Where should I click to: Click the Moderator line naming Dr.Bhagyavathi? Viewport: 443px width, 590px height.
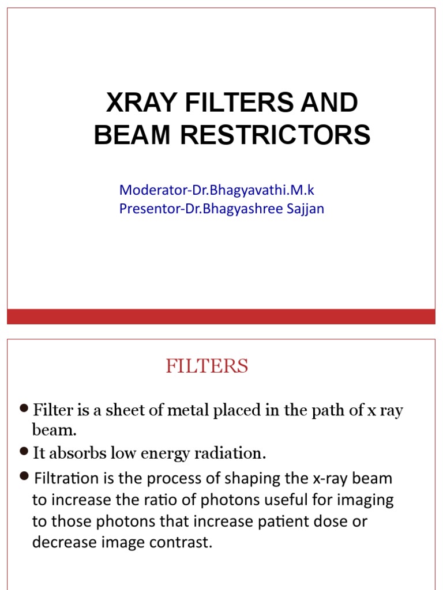point(216,190)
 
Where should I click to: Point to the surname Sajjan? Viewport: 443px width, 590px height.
point(305,209)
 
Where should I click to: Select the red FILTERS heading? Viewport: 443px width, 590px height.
point(207,366)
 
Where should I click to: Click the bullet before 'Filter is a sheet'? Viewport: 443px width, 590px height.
point(24,409)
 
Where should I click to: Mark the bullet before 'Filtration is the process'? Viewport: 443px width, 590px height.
point(24,475)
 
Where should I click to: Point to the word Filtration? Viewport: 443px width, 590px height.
point(60,478)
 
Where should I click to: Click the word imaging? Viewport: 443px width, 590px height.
point(367,500)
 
